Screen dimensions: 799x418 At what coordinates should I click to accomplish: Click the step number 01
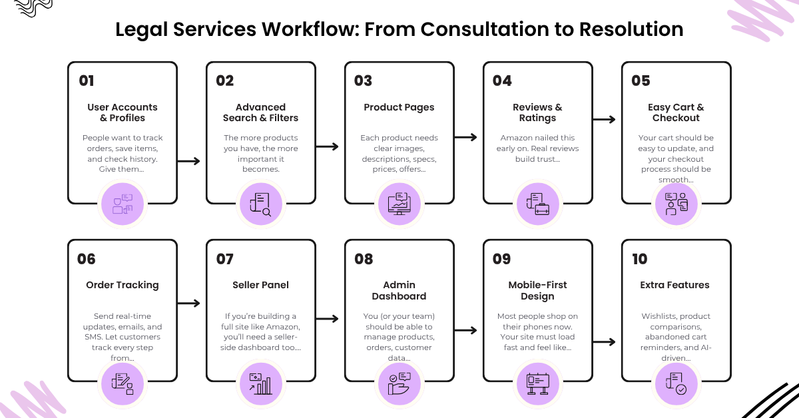[87, 81]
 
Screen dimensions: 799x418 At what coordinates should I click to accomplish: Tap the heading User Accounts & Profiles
[123, 112]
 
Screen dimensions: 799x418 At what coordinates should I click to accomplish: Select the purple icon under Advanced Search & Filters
[261, 204]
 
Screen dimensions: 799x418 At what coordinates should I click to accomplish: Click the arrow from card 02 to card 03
[327, 146]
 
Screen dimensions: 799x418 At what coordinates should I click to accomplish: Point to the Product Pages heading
[399, 107]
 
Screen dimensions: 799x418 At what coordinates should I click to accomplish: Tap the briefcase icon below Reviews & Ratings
[537, 204]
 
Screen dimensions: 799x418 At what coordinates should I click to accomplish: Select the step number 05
[641, 81]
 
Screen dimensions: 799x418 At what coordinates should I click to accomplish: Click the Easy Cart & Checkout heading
[676, 112]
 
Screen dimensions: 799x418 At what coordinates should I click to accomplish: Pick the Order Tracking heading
[123, 285]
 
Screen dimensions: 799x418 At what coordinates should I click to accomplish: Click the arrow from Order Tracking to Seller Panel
[188, 304]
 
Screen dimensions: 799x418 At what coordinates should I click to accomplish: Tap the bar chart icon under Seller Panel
[261, 384]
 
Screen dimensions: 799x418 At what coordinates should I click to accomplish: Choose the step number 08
[364, 259]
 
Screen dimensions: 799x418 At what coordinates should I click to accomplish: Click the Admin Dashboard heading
[399, 290]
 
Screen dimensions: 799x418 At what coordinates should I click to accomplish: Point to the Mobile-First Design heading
[537, 290]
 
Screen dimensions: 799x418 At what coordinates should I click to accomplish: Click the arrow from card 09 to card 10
[605, 342]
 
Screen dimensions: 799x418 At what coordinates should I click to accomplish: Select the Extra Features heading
[675, 285]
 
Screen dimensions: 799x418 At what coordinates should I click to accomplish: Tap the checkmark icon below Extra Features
[676, 384]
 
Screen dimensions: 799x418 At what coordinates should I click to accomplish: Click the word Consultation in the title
[485, 29]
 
